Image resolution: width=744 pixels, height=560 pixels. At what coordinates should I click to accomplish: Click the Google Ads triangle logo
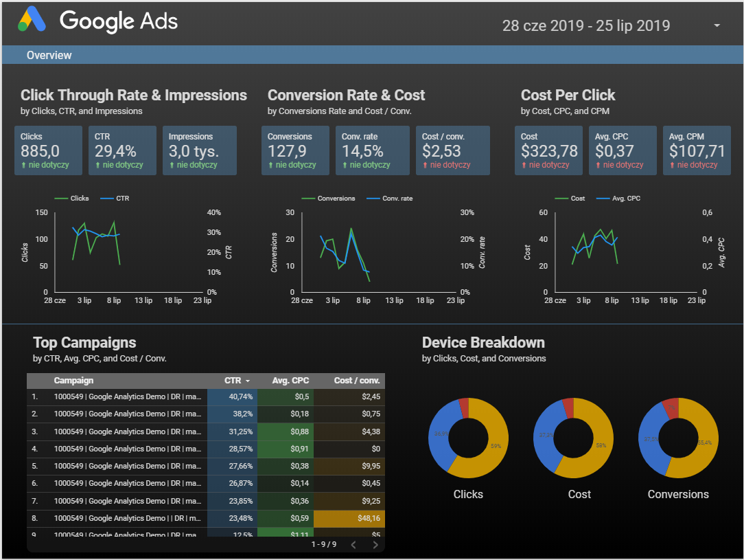coord(32,20)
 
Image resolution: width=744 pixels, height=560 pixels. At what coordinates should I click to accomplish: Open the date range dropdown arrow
coord(717,26)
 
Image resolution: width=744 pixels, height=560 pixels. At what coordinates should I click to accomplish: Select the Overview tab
coord(49,55)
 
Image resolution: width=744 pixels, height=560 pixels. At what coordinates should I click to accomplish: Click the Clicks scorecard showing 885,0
coord(48,150)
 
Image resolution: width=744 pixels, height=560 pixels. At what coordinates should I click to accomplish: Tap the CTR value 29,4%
coord(115,151)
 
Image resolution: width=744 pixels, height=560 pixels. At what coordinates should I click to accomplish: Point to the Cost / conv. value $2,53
coord(441,151)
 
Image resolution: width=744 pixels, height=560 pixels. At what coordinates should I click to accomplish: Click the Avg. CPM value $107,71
coord(697,151)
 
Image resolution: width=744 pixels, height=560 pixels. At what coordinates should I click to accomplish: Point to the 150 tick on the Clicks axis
coord(41,213)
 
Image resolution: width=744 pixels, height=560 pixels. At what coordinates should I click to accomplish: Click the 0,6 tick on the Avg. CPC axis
coord(707,213)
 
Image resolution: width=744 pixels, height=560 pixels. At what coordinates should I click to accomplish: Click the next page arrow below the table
coord(375,545)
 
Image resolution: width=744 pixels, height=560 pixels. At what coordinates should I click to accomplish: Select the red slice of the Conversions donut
coord(670,407)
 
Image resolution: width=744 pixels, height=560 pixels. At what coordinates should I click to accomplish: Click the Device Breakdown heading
coord(483,343)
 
